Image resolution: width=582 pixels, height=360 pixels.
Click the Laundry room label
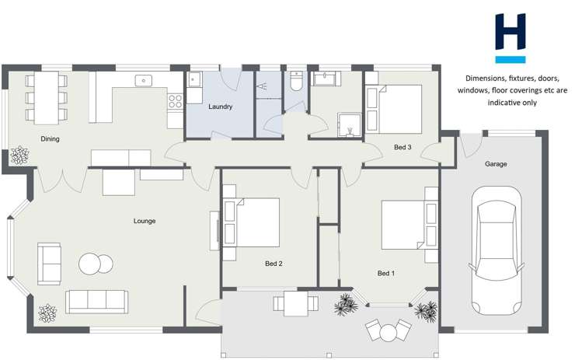[x=221, y=107]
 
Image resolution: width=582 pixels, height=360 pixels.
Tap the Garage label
[x=496, y=164]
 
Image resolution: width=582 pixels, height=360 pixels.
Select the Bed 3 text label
[x=403, y=147]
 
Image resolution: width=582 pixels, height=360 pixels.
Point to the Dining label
[x=51, y=139]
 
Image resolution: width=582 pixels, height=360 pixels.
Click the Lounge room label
[x=145, y=221]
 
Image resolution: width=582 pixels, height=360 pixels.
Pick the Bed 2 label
[x=274, y=264]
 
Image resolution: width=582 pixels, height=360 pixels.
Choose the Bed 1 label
[x=386, y=273]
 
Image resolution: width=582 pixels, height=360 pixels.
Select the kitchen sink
[x=143, y=80]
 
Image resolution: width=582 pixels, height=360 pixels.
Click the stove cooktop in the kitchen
[x=176, y=100]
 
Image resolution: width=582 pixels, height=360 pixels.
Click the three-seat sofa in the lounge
[x=96, y=301]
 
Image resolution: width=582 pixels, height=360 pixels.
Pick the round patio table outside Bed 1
[x=388, y=332]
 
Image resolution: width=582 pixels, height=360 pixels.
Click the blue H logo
[x=511, y=37]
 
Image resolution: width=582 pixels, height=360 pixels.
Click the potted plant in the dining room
[x=18, y=156]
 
